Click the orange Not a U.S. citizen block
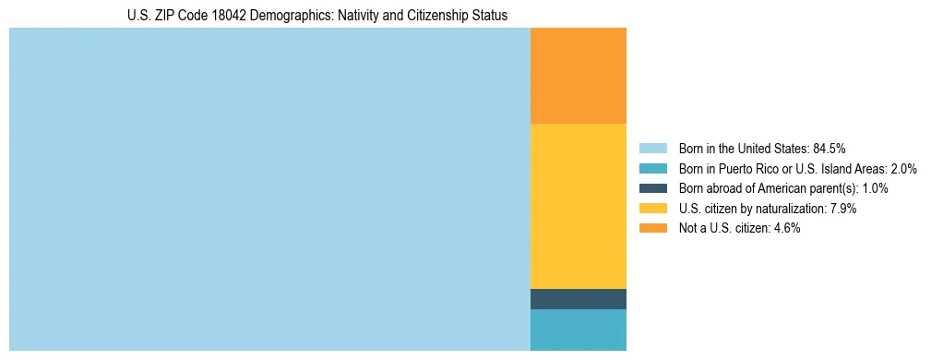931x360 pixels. (578, 76)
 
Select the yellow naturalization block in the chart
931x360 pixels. (578, 206)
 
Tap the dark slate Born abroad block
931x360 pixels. (578, 299)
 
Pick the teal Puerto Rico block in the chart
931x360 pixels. (578, 330)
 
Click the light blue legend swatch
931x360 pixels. (652, 148)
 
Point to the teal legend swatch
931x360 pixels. (652, 168)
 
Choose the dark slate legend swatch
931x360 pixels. (652, 188)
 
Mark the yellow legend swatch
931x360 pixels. (652, 209)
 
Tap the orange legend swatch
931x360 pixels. (652, 228)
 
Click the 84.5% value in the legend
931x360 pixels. (830, 148)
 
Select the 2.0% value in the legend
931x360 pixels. (902, 168)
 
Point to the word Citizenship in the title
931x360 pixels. (433, 16)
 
